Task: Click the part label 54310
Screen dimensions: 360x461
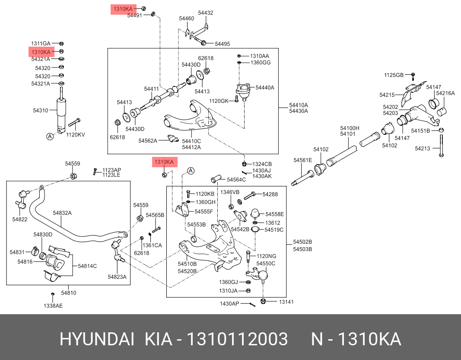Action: [x=41, y=111]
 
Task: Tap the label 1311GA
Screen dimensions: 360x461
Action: [x=41, y=43]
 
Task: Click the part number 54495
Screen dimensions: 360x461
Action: [x=223, y=44]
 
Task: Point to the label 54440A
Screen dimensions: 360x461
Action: [x=265, y=88]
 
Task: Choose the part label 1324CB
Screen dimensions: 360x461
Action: [x=262, y=164]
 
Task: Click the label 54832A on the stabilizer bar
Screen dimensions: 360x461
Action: [x=62, y=213]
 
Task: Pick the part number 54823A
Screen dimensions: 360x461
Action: [x=117, y=277]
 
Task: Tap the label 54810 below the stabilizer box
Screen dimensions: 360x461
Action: [x=68, y=293]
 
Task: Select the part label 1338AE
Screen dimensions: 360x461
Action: [x=53, y=306]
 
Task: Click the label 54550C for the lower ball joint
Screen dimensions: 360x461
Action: [x=266, y=263]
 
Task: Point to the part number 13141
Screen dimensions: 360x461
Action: [x=286, y=302]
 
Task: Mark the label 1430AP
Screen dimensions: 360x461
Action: [x=229, y=304]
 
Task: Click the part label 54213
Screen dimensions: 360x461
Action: [x=423, y=148]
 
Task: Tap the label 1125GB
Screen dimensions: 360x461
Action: [x=394, y=75]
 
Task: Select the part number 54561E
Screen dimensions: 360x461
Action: [x=302, y=160]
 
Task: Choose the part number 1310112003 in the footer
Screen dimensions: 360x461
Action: [x=237, y=339]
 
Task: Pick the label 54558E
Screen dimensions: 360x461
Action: [x=274, y=214]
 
